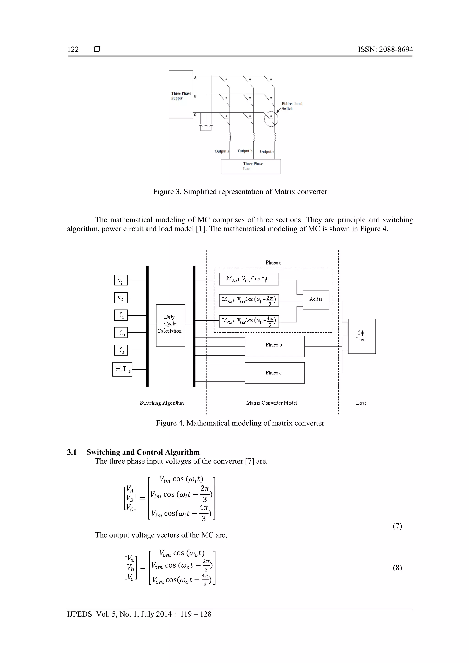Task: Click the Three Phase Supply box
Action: (x=181, y=95)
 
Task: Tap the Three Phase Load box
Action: (x=251, y=166)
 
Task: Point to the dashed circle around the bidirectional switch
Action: (x=271, y=119)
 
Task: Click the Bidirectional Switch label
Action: (x=292, y=106)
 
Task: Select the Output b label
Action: (x=245, y=151)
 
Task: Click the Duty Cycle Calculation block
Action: (x=170, y=325)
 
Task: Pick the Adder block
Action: (x=316, y=300)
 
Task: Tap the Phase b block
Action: (x=275, y=346)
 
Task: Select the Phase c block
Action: (x=275, y=373)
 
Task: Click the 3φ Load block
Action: (x=362, y=336)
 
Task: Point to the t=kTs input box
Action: (x=122, y=369)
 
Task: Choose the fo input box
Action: (x=121, y=333)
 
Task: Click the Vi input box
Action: (x=121, y=280)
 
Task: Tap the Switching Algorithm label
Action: (x=162, y=403)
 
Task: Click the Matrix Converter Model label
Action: (x=272, y=403)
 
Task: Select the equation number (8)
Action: (x=397, y=568)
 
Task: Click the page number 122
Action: (x=73, y=49)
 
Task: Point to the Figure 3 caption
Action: (x=240, y=192)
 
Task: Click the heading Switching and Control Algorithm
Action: (x=143, y=452)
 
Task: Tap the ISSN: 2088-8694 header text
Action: (x=385, y=49)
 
